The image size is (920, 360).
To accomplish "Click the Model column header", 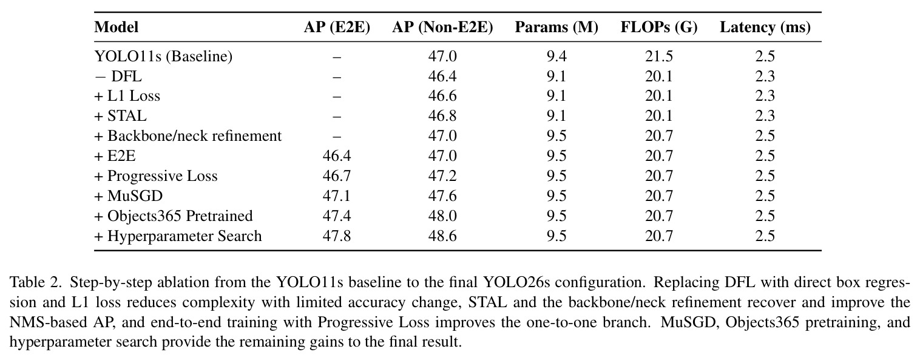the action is pos(117,27).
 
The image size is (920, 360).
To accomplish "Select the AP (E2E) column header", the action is pos(337,27).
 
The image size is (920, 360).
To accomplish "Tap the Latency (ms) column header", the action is pos(765,27).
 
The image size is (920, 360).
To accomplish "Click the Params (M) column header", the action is pos(556,27).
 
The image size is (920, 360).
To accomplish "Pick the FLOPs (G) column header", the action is pos(659,27).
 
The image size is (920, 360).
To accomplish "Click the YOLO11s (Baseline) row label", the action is pos(163,56).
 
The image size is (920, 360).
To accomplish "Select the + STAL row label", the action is pos(120,116).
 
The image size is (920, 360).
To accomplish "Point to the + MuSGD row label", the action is pos(129,196).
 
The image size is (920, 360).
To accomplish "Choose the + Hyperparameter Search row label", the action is pos(178,236).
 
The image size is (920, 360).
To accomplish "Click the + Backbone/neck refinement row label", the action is pos(188,135).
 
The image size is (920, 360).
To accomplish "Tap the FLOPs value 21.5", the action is pos(659,56).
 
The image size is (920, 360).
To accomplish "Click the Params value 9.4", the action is pos(556,56).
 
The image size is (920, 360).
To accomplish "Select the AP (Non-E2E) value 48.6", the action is pos(442,236).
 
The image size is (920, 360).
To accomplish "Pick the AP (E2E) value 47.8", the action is pos(337,236).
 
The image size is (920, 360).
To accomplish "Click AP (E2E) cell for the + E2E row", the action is pos(337,156).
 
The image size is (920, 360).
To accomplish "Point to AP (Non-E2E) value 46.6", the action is pos(442,96).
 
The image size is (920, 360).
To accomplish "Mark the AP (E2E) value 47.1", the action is pos(337,196).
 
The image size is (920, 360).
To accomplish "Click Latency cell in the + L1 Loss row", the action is pos(765,96).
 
